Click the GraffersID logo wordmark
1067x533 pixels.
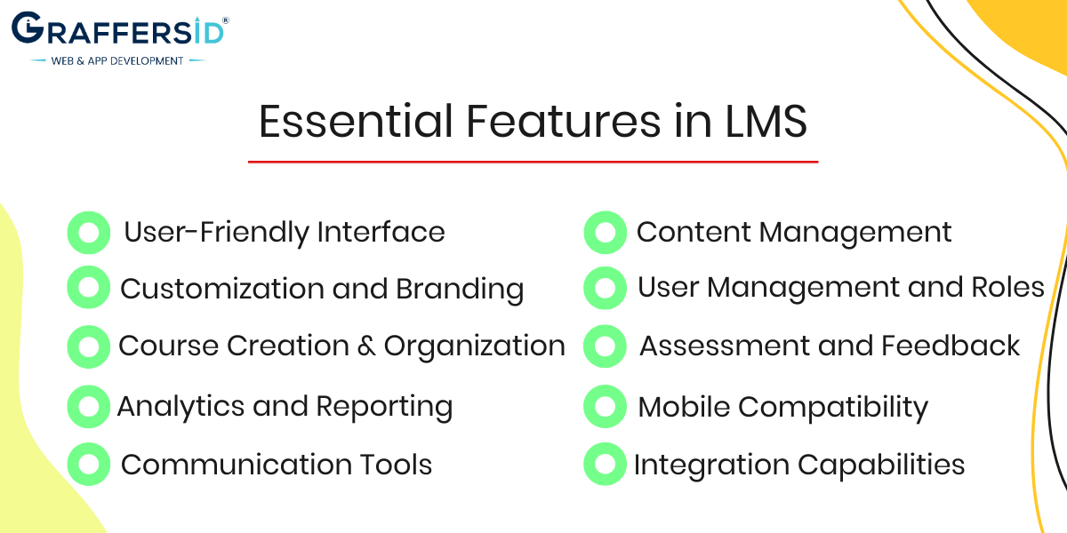coord(117,28)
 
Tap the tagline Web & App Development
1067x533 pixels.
coord(117,61)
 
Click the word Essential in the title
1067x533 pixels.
coord(356,122)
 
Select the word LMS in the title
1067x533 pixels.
coord(766,122)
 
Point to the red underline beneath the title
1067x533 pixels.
coord(533,162)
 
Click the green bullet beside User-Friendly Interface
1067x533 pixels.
coord(89,233)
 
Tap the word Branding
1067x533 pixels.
coord(460,290)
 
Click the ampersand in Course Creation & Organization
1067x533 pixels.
coord(366,346)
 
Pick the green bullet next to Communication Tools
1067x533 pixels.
coord(89,464)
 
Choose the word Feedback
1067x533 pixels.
coord(951,346)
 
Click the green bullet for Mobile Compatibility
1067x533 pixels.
coord(605,407)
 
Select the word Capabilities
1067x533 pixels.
coord(881,465)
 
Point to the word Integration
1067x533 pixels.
coord(711,465)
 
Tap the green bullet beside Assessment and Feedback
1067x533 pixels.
coord(605,346)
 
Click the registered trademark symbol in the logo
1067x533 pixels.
coord(226,20)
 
